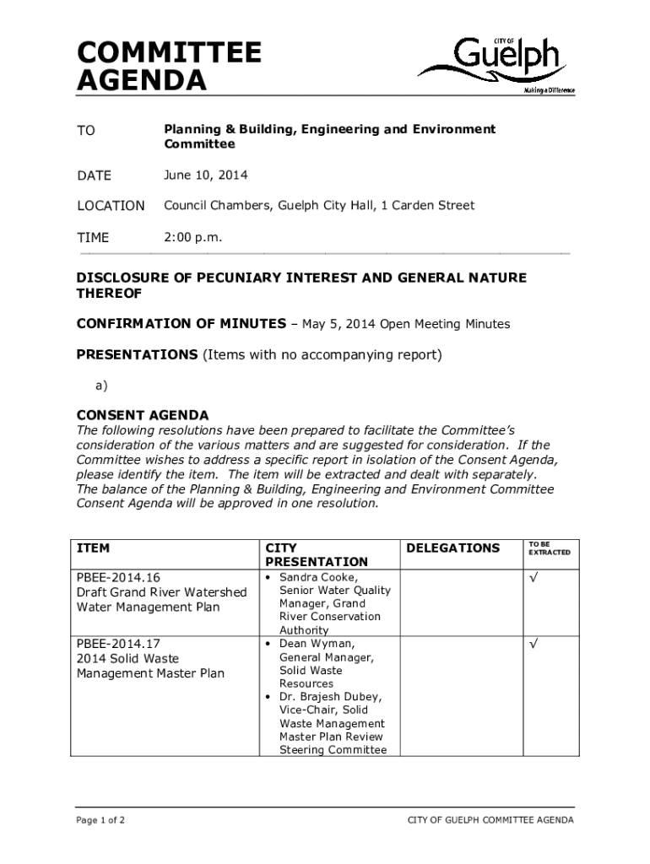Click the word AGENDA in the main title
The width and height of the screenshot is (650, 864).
point(141,82)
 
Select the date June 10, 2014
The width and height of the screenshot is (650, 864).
point(206,175)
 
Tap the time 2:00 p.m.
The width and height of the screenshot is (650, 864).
point(193,237)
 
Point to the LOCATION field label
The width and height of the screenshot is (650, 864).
point(111,206)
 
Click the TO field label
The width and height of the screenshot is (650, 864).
point(86,131)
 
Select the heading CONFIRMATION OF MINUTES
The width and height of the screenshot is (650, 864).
point(181,324)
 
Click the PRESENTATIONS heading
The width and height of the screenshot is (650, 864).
point(137,354)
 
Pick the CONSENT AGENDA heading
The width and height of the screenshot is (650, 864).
point(143,415)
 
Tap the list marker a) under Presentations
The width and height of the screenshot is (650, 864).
point(101,385)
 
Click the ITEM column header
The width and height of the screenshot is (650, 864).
point(93,548)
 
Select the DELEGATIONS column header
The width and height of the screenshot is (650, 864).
point(452,548)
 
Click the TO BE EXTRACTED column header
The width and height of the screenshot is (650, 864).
point(549,548)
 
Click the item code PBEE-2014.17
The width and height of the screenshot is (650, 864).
point(118,644)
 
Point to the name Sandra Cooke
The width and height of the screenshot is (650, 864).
point(317,577)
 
